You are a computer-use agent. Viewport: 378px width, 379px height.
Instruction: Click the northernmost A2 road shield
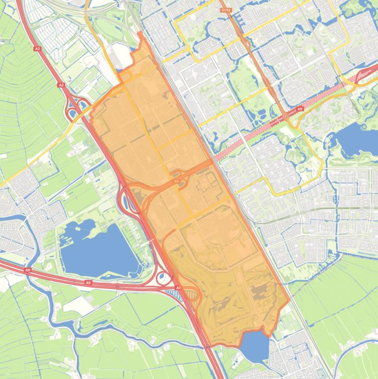click(x=38, y=49)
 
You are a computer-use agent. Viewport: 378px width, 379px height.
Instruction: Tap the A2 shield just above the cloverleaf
click(x=61, y=85)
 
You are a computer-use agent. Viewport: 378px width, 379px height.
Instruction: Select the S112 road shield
click(x=226, y=9)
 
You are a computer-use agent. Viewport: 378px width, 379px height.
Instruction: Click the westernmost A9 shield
click(x=28, y=270)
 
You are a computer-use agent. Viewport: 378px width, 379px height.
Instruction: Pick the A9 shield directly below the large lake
click(x=88, y=283)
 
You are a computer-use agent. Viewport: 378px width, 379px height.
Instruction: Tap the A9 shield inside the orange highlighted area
click(x=176, y=182)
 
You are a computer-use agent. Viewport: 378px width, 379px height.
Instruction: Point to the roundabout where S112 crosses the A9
click(x=286, y=117)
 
